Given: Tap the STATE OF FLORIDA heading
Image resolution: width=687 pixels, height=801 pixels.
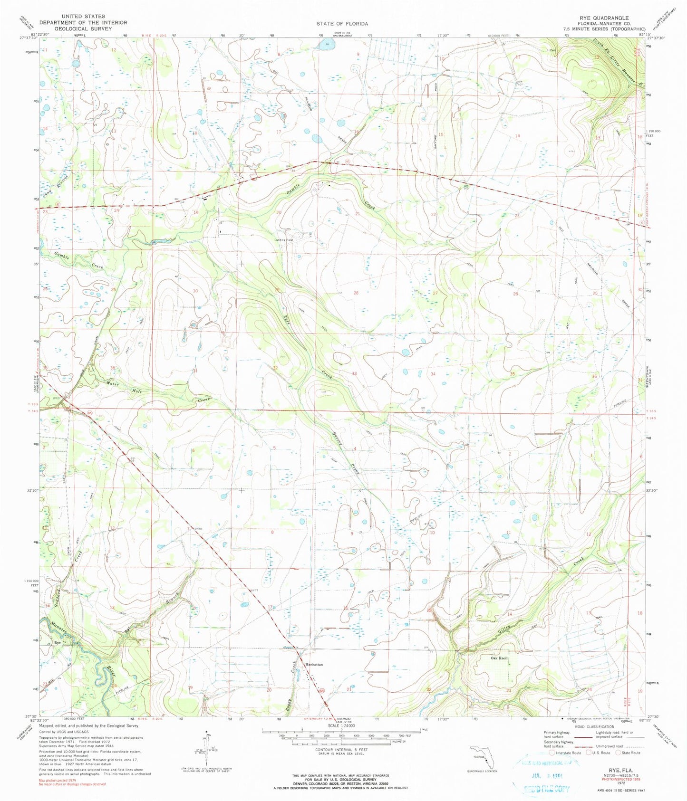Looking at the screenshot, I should (342, 23).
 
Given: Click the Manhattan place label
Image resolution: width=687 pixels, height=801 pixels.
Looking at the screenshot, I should (314, 665).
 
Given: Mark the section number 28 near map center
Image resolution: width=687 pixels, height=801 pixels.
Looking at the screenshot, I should (356, 293).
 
